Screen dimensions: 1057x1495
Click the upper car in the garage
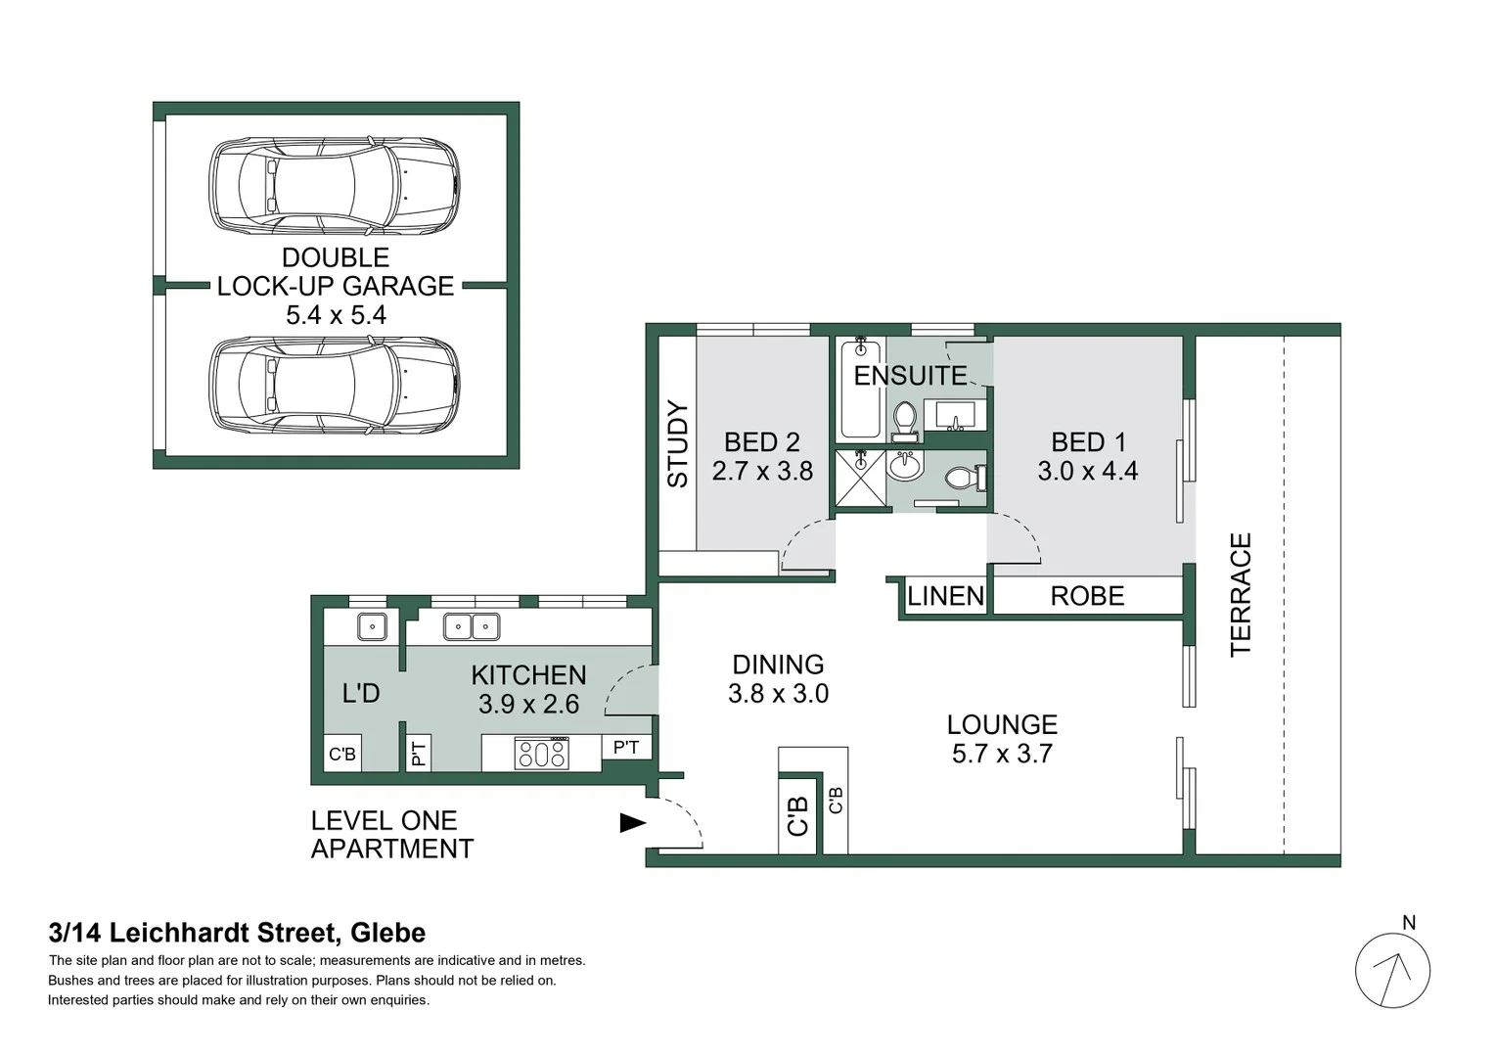335,186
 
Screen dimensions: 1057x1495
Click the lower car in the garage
335,386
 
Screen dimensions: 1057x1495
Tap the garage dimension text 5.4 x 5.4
336,315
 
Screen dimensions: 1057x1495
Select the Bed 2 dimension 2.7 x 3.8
762,471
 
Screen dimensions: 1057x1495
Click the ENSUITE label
910,376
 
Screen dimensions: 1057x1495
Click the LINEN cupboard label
944,596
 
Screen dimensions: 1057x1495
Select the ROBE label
1087,596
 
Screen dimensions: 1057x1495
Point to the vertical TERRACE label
1240,594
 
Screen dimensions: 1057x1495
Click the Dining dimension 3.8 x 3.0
778,694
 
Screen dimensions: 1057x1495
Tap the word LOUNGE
1002,725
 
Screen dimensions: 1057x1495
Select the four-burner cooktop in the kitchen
542,754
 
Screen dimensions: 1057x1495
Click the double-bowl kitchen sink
472,626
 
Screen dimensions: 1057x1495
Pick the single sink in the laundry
372,626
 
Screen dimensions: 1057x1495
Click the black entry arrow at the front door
633,823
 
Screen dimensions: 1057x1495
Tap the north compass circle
1392,971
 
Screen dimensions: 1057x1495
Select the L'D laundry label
360,694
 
